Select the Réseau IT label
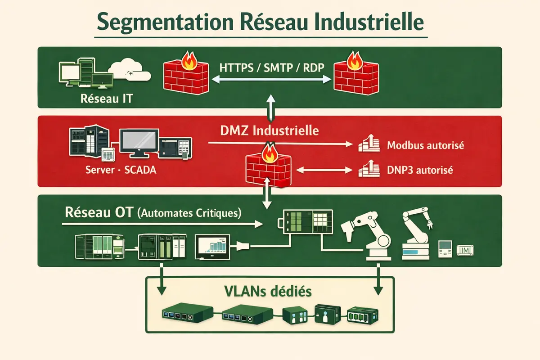[107, 98]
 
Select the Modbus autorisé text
[425, 146]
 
